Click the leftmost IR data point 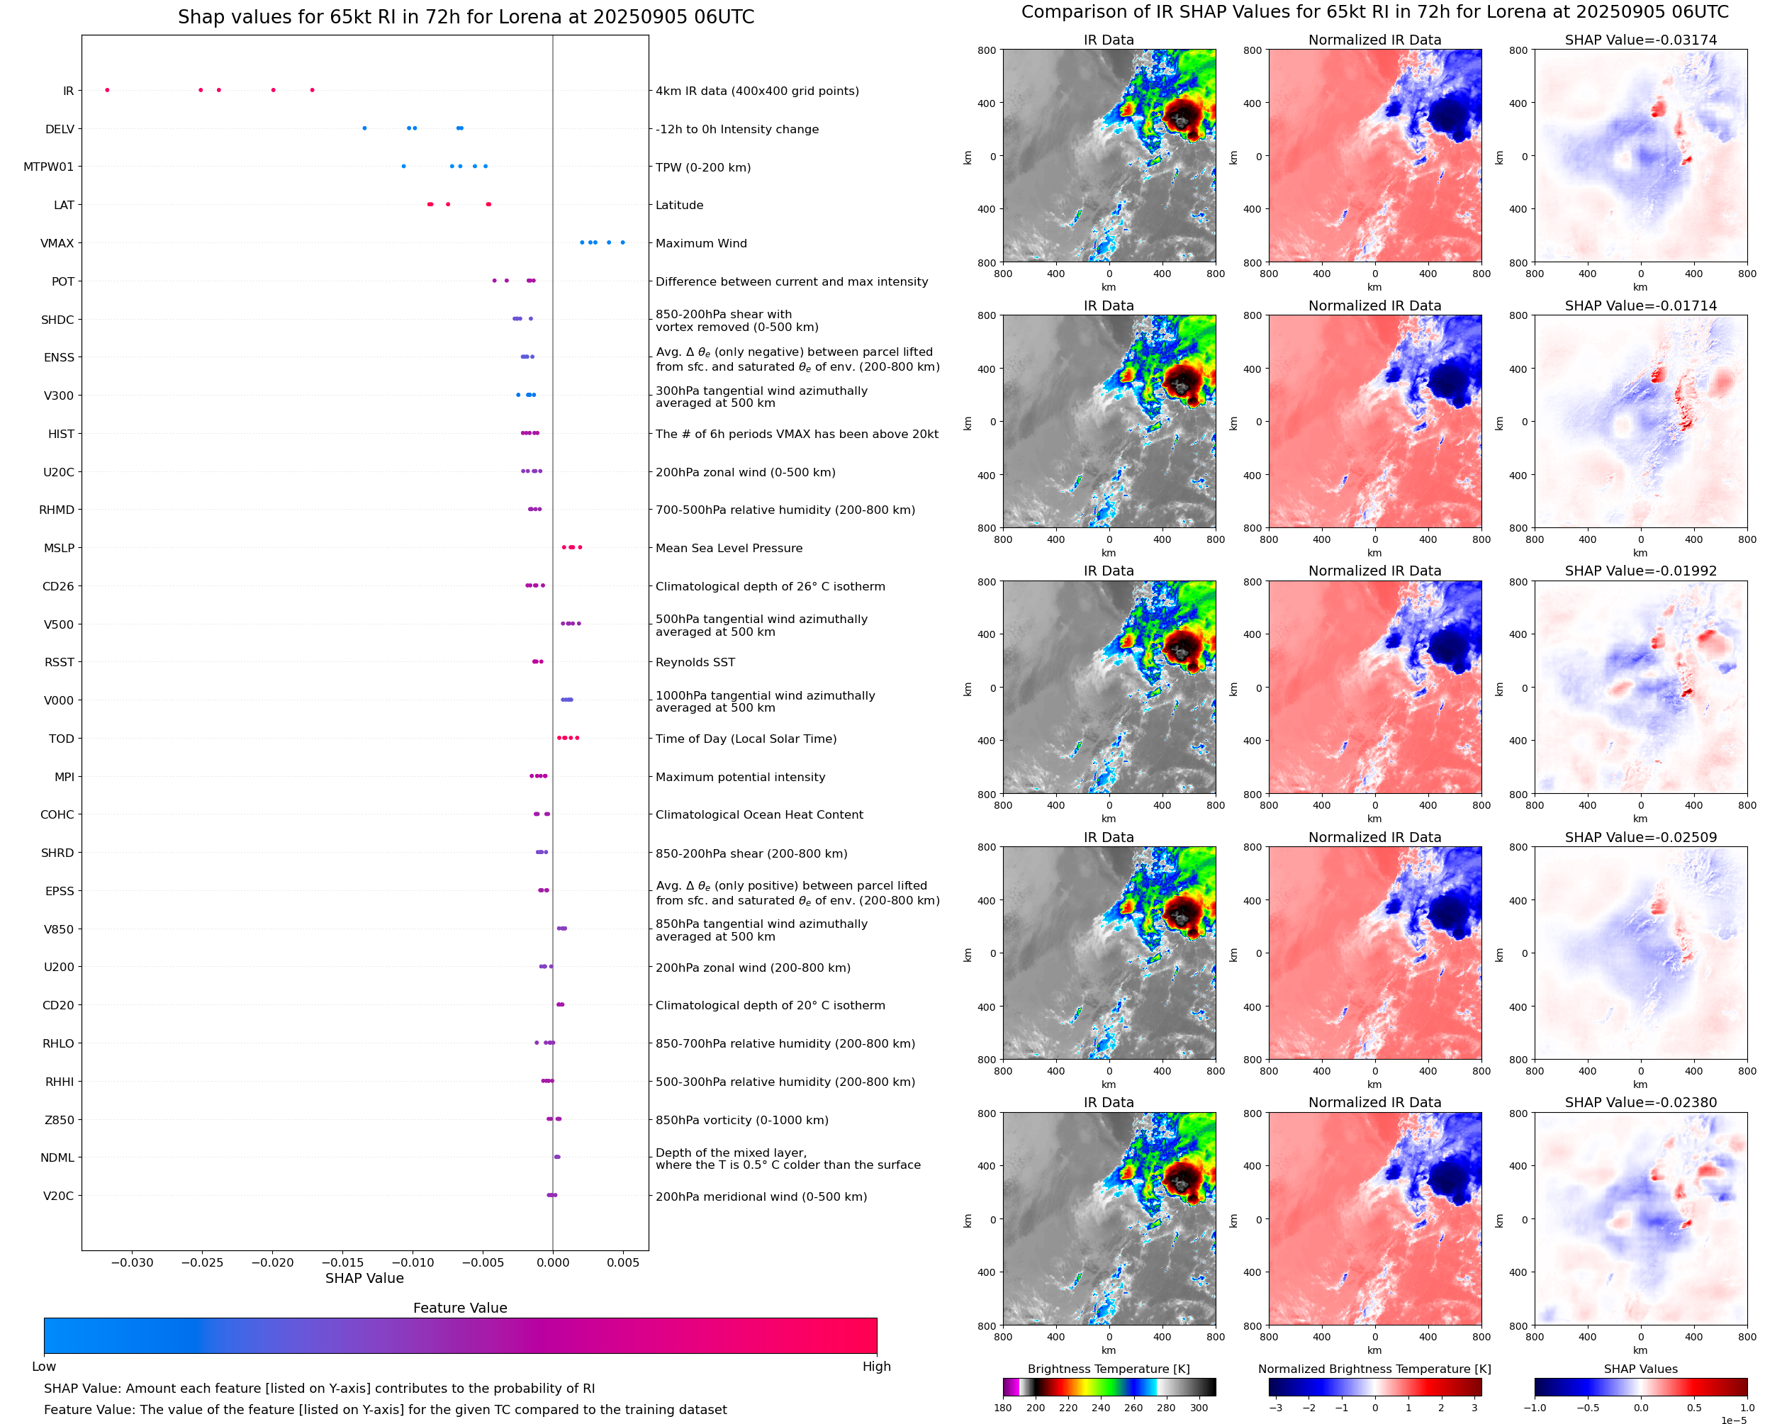point(108,90)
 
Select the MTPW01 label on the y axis point(48,167)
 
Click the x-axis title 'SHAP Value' point(364,1278)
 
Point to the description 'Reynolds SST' point(695,663)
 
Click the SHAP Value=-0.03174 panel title point(1640,40)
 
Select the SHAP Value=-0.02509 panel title point(1640,838)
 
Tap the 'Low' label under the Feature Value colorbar point(44,1367)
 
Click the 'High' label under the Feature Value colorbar point(876,1367)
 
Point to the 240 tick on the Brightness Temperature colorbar point(1101,1408)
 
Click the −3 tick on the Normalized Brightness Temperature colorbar point(1275,1408)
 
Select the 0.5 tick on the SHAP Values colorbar point(1693,1408)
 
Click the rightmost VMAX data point point(622,243)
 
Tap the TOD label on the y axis point(62,739)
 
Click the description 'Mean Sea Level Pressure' point(728,549)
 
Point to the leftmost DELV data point point(365,128)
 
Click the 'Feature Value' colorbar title point(460,1308)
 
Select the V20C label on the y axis point(58,1196)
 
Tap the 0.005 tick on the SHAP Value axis point(622,1262)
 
